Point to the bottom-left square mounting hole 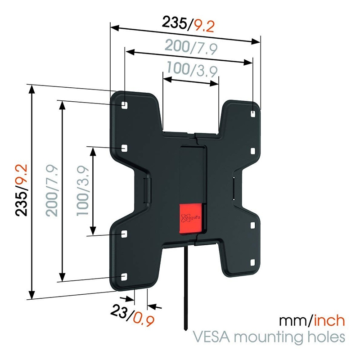[x=124, y=276]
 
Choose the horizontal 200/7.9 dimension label [x=192, y=46]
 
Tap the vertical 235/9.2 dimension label [x=22, y=190]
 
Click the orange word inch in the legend [x=330, y=321]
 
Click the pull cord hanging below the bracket [x=184, y=288]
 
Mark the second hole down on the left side [x=124, y=147]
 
